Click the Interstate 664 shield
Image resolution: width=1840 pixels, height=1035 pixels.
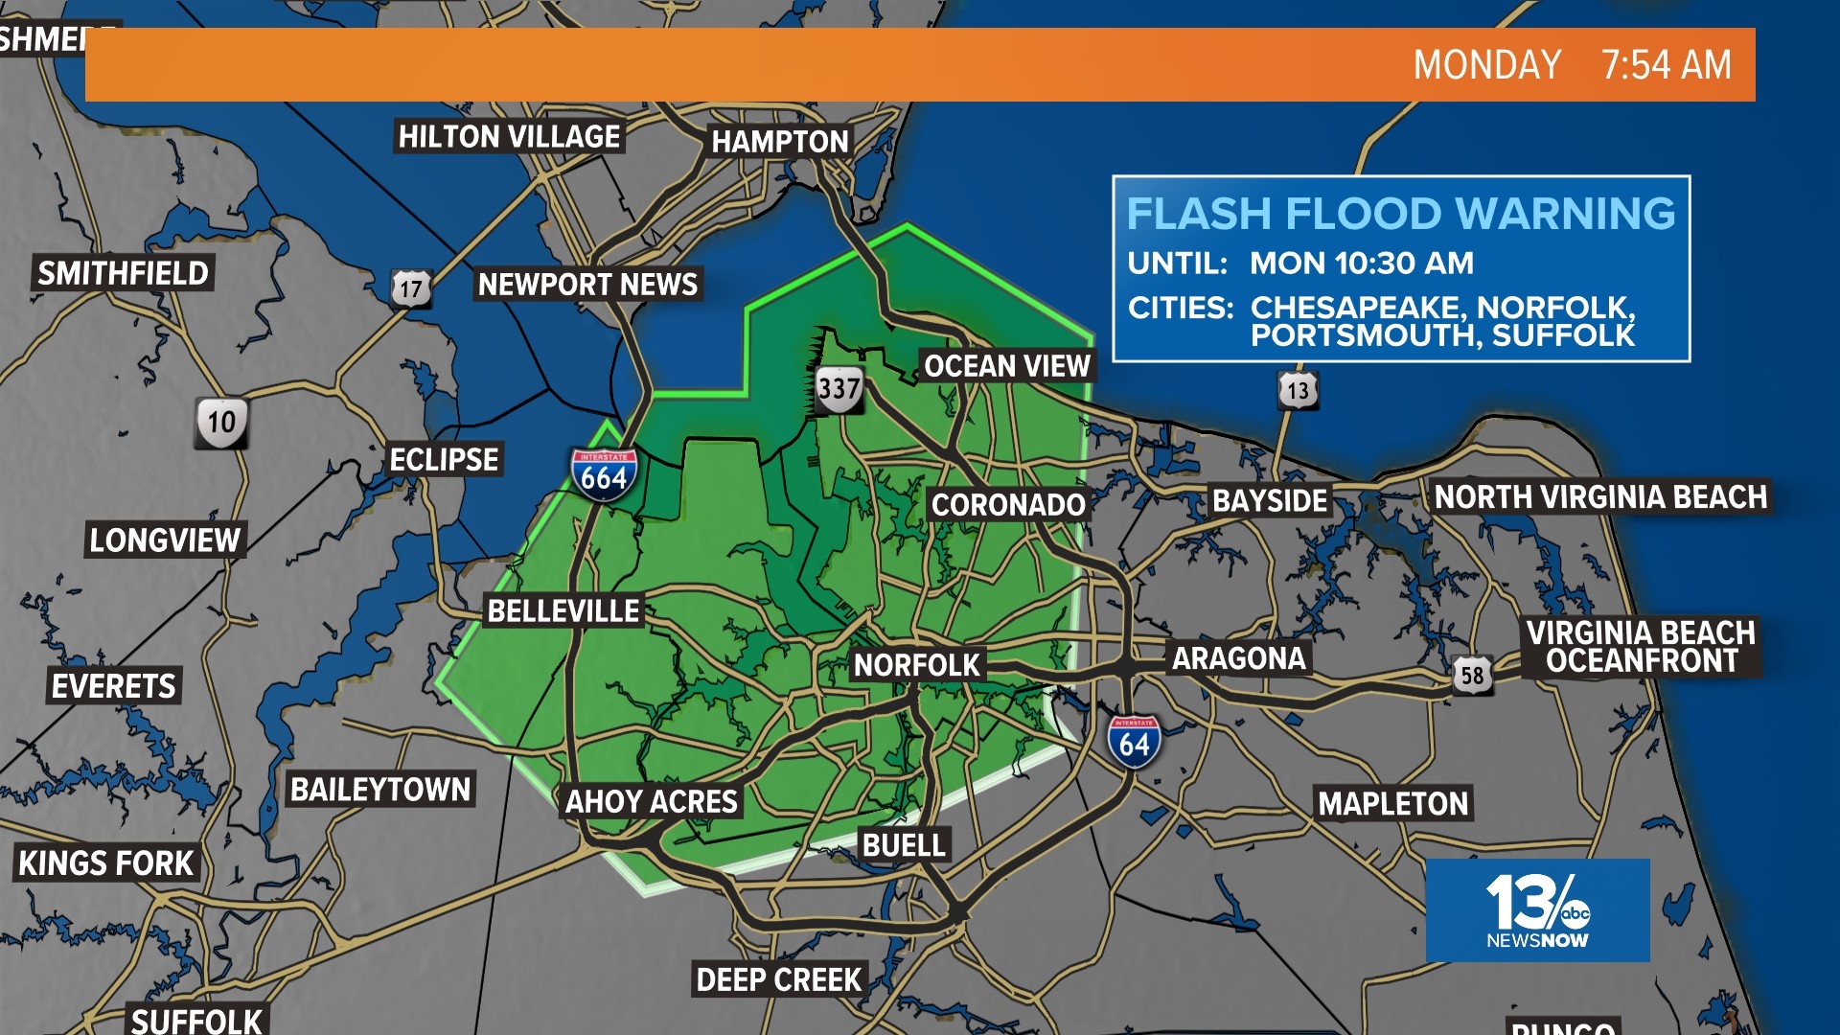pos(604,473)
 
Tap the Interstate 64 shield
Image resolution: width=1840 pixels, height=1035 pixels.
pos(1134,742)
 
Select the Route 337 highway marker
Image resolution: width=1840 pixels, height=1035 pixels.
pos(839,389)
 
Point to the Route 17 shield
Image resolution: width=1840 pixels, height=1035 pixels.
pos(410,287)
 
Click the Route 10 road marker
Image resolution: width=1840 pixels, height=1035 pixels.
pos(221,422)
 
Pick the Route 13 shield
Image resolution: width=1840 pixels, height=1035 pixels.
pos(1298,390)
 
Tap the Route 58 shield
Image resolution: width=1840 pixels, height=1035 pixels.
pos(1472,675)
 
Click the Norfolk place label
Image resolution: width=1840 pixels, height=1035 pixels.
pos(916,665)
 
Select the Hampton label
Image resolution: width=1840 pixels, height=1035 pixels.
pos(779,142)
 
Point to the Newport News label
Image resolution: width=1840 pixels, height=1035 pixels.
pos(587,285)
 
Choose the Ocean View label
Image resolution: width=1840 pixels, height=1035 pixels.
pos(1006,366)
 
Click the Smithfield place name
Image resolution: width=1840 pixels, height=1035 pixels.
pos(123,273)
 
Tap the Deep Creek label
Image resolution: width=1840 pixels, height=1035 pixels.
pos(778,979)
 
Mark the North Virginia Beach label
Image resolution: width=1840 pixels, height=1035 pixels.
pos(1599,497)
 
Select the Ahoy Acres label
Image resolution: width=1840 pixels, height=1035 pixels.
pos(651,801)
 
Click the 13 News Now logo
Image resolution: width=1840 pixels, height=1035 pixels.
pos(1537,910)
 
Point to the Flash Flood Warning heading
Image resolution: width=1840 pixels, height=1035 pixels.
pos(1400,214)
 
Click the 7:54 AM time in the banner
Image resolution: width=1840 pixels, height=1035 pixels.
pos(1667,65)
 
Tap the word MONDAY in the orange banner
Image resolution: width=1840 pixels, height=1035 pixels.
pos(1486,65)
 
